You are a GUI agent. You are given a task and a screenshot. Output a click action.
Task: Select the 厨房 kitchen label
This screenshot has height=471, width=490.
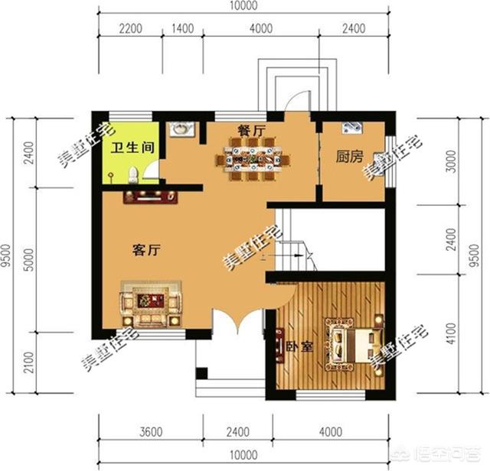[349, 157]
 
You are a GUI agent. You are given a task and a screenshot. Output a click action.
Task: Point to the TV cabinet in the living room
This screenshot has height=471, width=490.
[150, 197]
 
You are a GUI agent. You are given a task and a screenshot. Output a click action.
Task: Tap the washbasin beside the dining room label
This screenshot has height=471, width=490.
[181, 131]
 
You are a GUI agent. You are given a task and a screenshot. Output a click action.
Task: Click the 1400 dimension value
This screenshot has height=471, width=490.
[181, 30]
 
